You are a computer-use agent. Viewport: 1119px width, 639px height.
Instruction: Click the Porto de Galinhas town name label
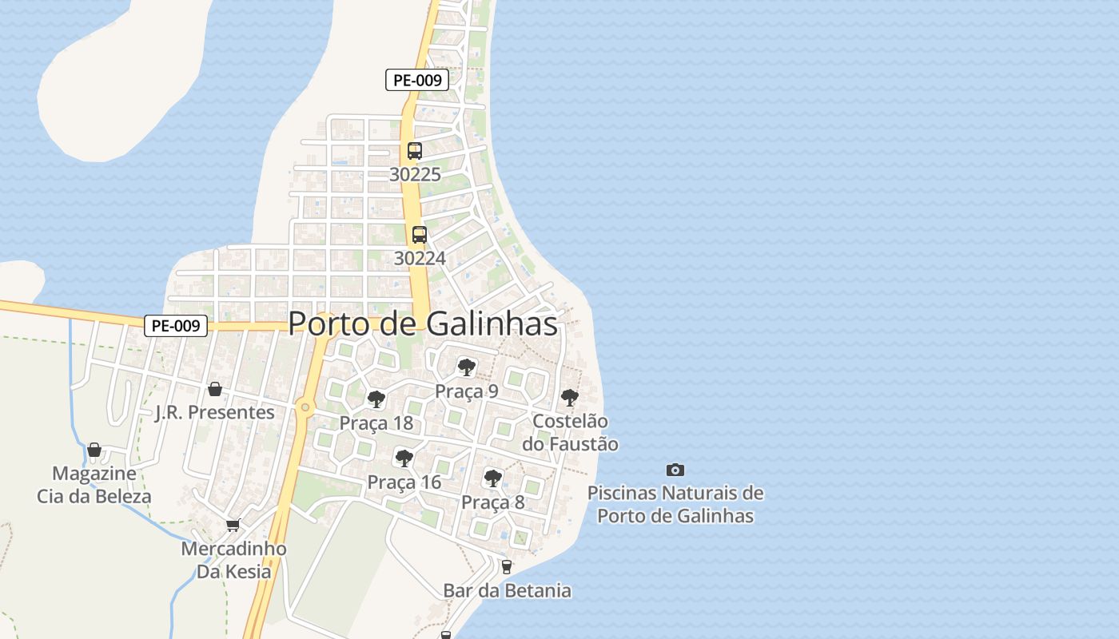pos(423,323)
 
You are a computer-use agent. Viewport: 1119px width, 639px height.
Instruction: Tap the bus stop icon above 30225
pos(415,150)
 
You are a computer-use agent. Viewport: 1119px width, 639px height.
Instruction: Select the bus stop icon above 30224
pos(420,235)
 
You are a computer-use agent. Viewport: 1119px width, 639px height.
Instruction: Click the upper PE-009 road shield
pos(417,80)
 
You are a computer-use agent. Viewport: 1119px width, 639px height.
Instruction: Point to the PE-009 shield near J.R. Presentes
pos(176,326)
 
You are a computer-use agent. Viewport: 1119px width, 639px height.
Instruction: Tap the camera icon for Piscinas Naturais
pos(675,470)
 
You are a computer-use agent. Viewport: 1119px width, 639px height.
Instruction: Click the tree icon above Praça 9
pos(467,367)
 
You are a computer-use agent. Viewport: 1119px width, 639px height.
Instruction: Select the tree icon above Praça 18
pos(376,399)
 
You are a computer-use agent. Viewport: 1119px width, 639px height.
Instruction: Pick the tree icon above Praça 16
pos(404,458)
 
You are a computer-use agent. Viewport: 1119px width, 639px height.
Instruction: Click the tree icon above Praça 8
pos(493,478)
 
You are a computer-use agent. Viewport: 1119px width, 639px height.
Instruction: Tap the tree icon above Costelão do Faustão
pos(569,397)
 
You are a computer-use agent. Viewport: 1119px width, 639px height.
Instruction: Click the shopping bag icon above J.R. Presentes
pos(214,389)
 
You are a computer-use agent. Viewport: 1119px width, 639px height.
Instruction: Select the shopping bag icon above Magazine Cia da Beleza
pos(94,450)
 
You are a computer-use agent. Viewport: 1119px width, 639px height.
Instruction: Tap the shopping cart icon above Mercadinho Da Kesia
pos(233,525)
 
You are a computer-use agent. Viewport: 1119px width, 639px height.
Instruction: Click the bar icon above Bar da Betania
pos(506,567)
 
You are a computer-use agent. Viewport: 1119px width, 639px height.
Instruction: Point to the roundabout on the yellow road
pos(305,407)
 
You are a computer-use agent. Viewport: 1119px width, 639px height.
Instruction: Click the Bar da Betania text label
pos(508,591)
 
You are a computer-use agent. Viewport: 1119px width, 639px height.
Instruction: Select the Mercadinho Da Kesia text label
pos(233,561)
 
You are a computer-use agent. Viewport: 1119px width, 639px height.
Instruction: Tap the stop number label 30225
pos(415,174)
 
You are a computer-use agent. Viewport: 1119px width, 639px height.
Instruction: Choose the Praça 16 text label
pos(404,482)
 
